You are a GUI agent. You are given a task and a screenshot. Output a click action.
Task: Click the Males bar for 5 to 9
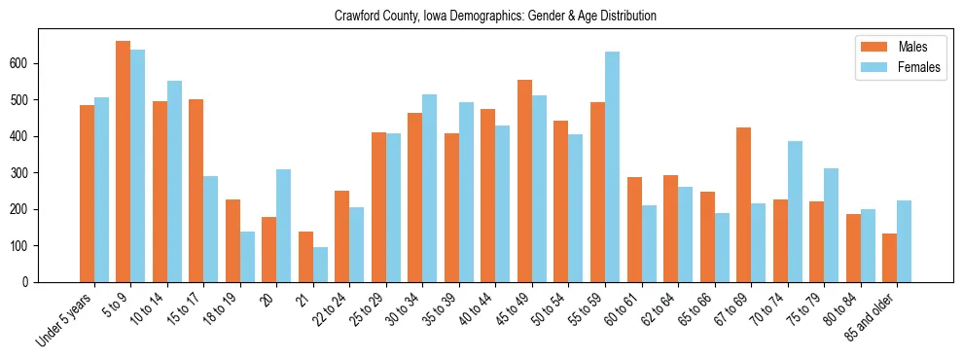[x=124, y=162]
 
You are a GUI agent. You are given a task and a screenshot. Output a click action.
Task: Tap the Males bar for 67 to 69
[x=743, y=204]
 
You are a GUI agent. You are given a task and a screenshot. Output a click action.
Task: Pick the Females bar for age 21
[x=320, y=265]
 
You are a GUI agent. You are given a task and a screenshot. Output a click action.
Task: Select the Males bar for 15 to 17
[x=196, y=191]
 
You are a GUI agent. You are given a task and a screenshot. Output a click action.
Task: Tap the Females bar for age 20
[x=284, y=226]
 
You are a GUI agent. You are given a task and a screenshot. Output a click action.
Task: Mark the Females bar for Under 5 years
[x=101, y=190]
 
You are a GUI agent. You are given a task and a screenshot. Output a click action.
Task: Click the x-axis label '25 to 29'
[x=372, y=310]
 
